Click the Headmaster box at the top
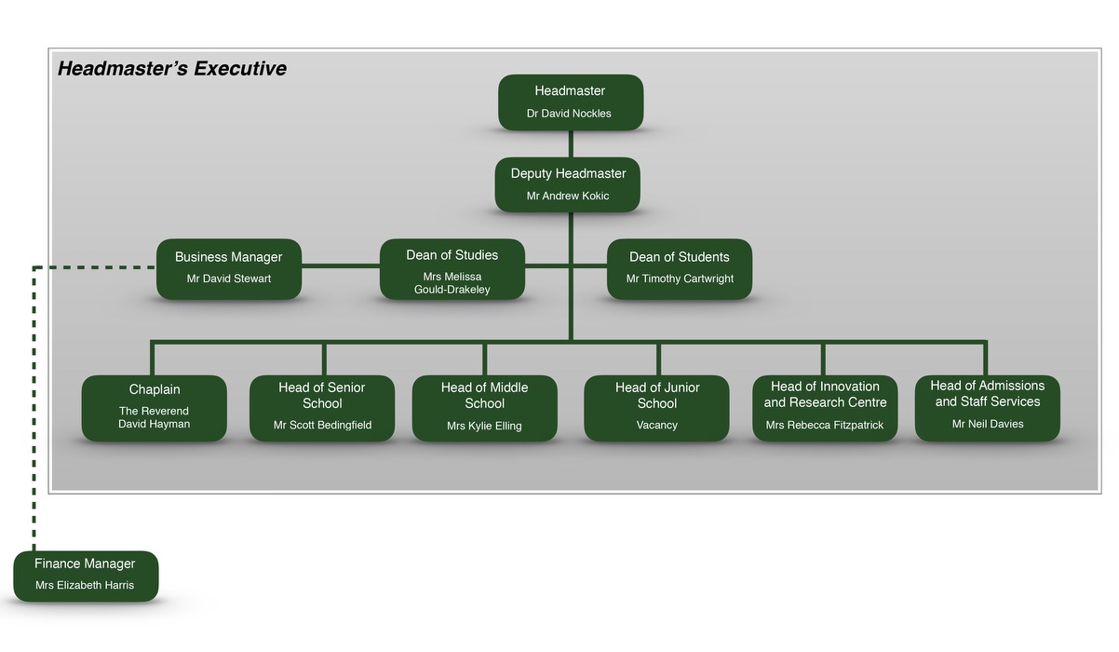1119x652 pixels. [571, 102]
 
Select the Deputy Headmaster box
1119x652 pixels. [568, 185]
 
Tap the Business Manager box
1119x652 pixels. [229, 269]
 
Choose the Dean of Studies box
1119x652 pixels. [452, 269]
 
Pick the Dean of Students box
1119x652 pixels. [680, 269]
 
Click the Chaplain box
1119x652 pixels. [154, 408]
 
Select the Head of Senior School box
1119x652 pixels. [322, 408]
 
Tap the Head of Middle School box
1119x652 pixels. [485, 408]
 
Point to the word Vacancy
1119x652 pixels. [657, 425]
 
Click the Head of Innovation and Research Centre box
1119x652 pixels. [825, 408]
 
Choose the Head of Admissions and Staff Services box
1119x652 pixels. [988, 408]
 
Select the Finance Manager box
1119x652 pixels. [86, 576]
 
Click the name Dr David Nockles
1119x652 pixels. [569, 114]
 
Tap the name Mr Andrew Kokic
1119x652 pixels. [568, 196]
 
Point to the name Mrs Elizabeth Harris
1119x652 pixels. [85, 585]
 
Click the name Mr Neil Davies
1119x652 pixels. [988, 424]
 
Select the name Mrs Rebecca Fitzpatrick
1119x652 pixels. [824, 425]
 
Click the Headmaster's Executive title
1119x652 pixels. [172, 69]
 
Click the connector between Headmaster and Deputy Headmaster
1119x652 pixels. [571, 144]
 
